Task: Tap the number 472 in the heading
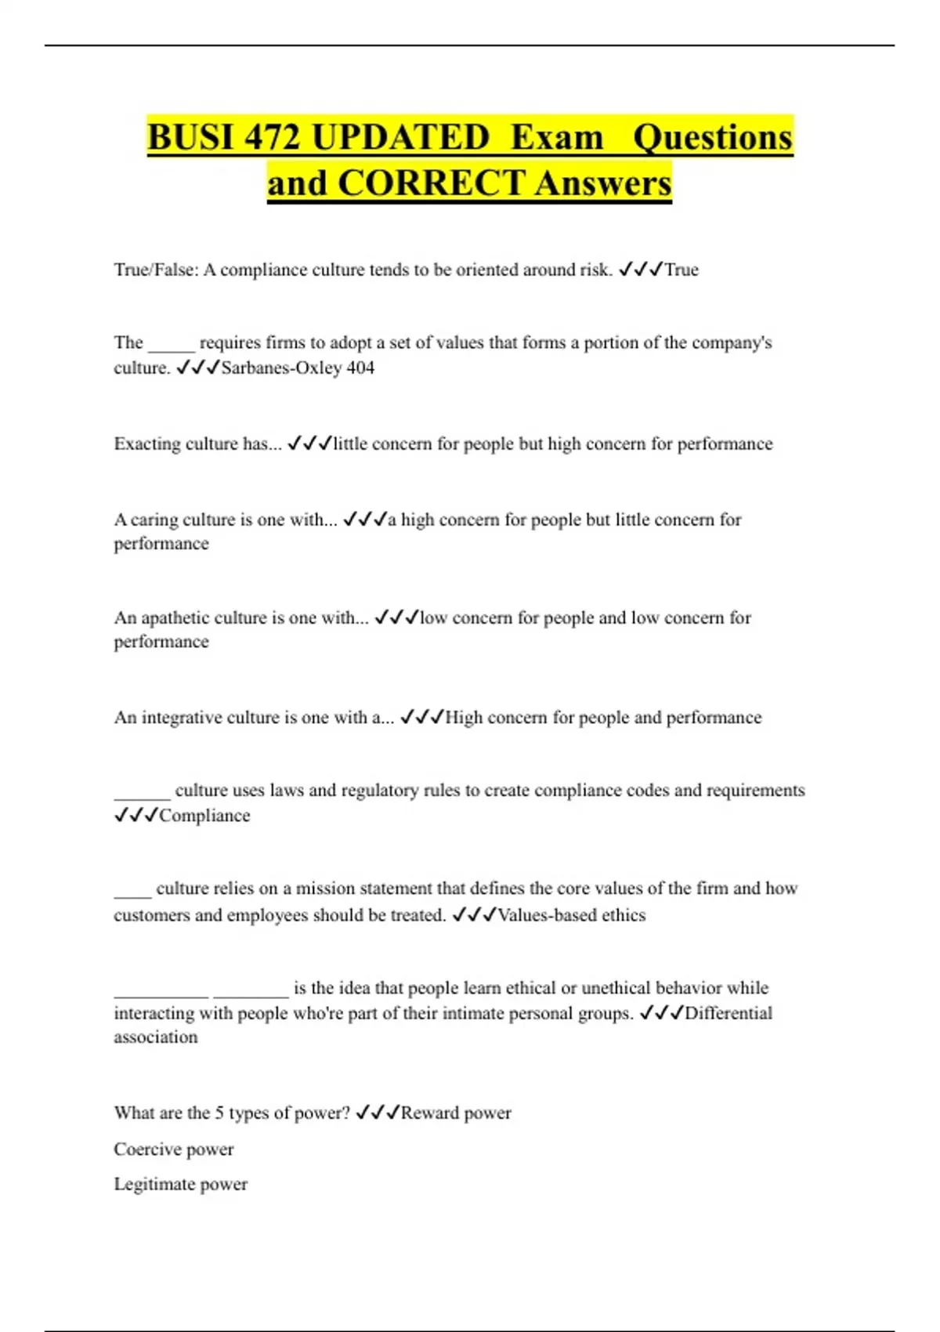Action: pos(272,138)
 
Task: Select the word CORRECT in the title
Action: pos(431,183)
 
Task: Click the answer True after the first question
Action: pos(681,270)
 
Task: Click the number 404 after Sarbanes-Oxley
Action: pos(360,367)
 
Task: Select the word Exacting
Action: pos(146,443)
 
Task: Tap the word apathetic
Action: pos(175,617)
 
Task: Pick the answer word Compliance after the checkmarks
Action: pos(204,816)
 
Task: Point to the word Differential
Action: pos(728,1013)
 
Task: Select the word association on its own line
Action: pos(156,1037)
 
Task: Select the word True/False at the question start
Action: pos(155,270)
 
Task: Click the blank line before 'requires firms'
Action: pos(171,348)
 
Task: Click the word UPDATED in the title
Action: pos(400,138)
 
